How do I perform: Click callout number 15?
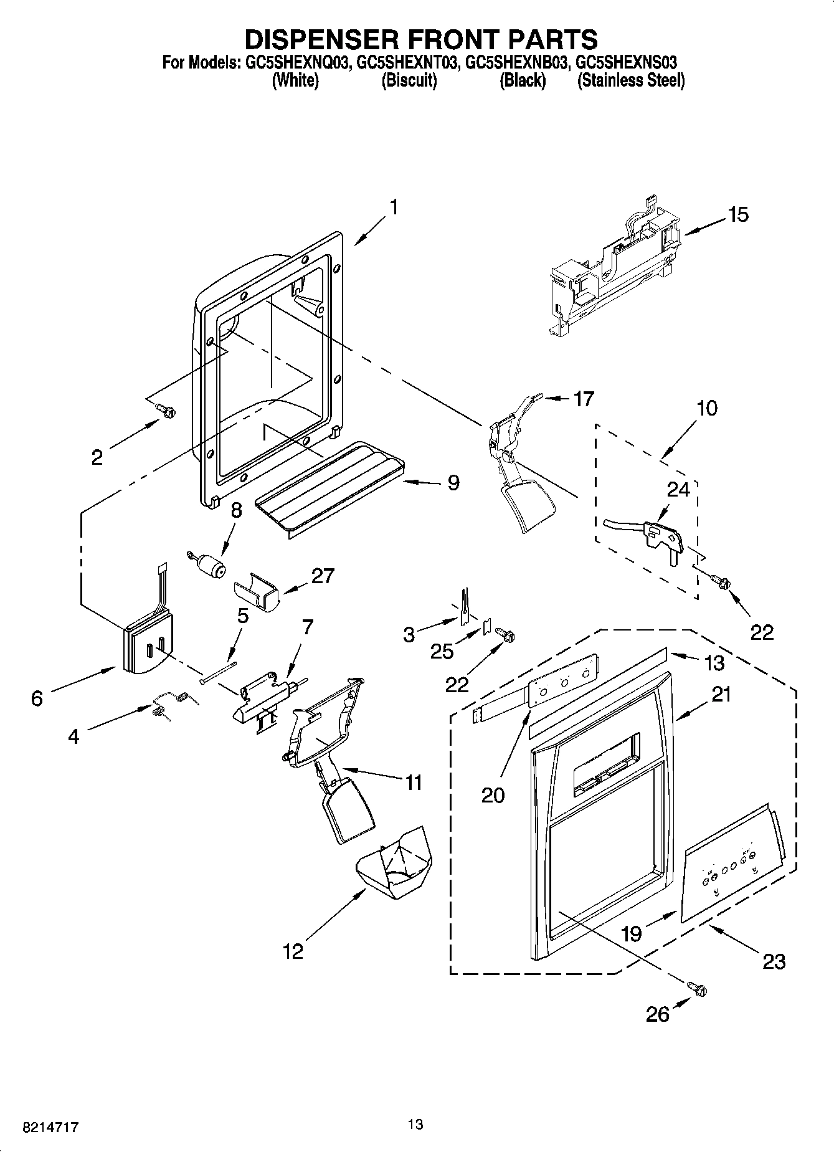(x=738, y=215)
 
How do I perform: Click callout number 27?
(x=323, y=575)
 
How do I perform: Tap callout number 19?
(x=631, y=933)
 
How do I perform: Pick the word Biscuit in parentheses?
(x=409, y=80)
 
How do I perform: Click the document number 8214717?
(x=42, y=1128)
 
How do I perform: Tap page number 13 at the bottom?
(x=415, y=1124)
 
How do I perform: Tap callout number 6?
(x=37, y=698)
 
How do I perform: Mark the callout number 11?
(x=414, y=782)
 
